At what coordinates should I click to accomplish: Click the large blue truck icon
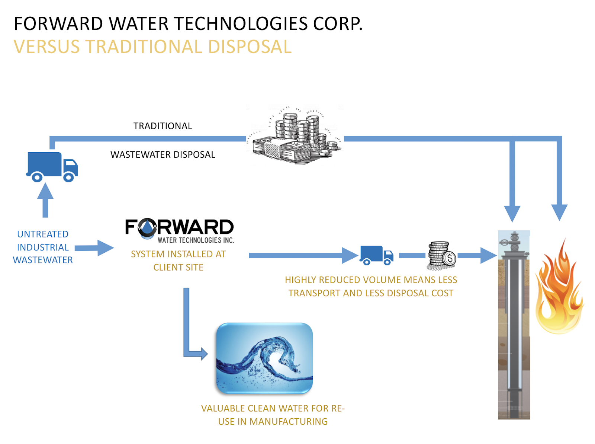(52, 166)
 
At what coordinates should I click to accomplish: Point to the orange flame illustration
(559, 288)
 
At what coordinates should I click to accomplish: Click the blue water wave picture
(264, 358)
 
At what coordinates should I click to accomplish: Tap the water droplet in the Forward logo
(147, 227)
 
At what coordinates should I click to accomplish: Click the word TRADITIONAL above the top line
(163, 126)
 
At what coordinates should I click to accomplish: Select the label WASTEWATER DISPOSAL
(163, 154)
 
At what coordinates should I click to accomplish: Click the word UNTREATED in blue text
(42, 234)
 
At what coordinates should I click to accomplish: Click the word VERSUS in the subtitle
(47, 47)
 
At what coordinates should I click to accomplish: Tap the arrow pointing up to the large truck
(45, 200)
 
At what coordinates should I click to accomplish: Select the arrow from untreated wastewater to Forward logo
(94, 247)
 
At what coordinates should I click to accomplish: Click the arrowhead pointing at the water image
(205, 354)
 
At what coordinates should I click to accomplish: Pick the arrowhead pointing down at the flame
(559, 213)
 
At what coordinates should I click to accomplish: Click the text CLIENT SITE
(178, 268)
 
